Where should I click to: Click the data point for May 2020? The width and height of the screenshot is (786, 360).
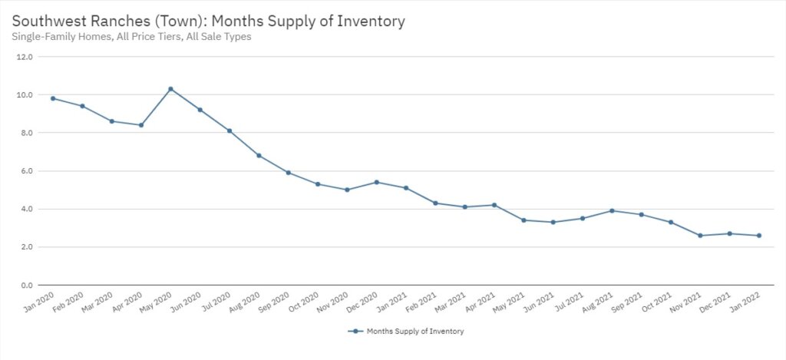(170, 89)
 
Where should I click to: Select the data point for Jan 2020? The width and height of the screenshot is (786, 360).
(53, 98)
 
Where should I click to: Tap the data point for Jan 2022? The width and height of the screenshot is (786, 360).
(759, 236)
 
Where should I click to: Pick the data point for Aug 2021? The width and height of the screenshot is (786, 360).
(612, 210)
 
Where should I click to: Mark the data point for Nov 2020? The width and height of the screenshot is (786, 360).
(347, 190)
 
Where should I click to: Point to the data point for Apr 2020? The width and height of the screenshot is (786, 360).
(141, 125)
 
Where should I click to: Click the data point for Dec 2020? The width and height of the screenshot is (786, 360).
(376, 182)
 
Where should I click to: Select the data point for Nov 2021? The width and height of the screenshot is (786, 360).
(700, 236)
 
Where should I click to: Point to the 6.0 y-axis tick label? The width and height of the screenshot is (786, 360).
(27, 171)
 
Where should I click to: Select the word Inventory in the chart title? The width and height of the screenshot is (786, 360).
(372, 21)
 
